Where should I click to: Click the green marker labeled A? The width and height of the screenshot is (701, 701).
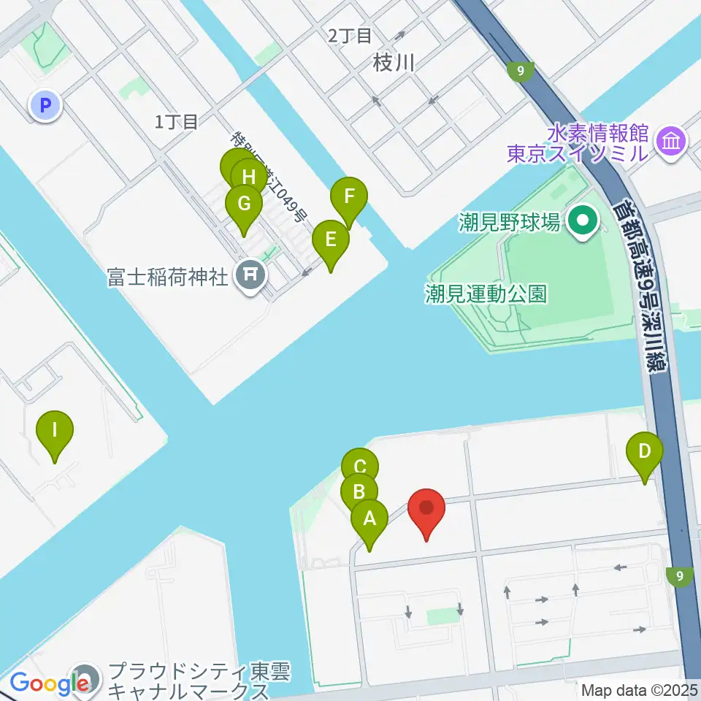pos(369,519)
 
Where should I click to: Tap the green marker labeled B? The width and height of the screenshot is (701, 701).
pos(359,491)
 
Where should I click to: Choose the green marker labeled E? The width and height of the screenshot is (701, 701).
pos(331,240)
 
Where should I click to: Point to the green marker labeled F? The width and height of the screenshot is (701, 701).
pos(349,196)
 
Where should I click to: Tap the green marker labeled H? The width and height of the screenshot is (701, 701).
pos(248,176)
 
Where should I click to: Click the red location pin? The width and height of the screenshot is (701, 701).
pos(426,508)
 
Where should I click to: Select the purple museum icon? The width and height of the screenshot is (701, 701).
pos(670,142)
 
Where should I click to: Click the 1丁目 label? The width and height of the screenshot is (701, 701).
pos(177,122)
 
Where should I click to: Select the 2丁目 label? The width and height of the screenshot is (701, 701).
pos(350,35)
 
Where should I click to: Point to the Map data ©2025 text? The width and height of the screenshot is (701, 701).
pos(639,689)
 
